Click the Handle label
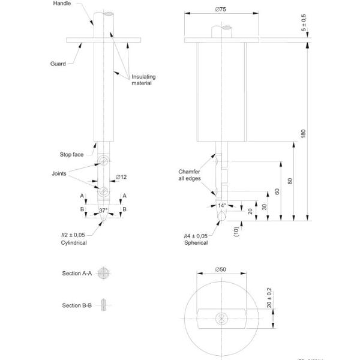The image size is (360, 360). (x=62, y=4)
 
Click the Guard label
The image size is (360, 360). (x=58, y=63)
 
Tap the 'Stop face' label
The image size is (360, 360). (x=72, y=154)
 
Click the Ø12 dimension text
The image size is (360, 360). (x=121, y=177)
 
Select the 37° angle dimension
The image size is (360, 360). (x=104, y=210)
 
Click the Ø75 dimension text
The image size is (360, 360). (x=223, y=10)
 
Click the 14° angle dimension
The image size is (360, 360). (x=223, y=205)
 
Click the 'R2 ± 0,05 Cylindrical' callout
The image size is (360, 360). (x=73, y=239)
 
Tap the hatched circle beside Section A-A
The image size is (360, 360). (x=106, y=273)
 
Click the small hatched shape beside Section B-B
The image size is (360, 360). (x=105, y=305)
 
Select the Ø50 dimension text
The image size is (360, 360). (x=222, y=269)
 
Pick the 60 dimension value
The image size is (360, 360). (x=277, y=191)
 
